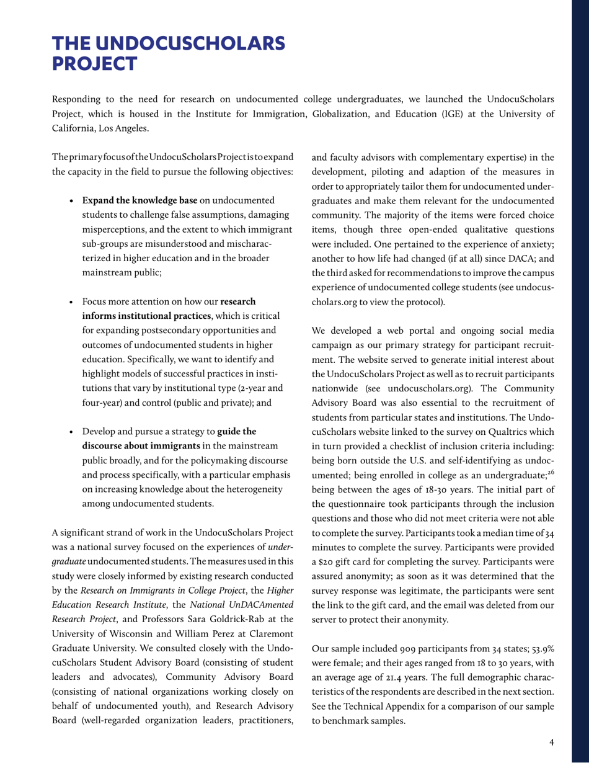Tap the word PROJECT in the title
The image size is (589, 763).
coord(95,63)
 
